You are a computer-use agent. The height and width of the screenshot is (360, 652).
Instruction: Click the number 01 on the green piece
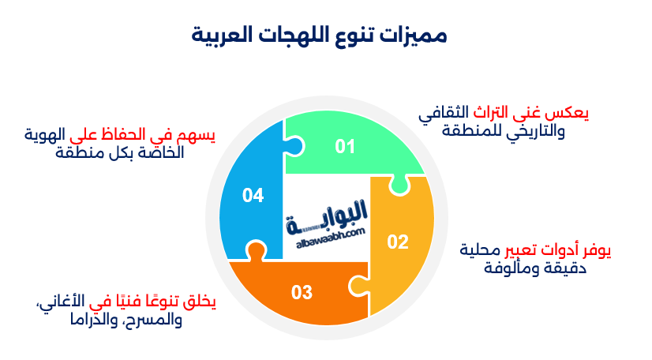point(345,146)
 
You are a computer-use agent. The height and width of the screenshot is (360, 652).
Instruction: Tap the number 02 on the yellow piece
point(397,242)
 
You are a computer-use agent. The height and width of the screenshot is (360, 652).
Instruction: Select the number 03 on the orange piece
point(302,293)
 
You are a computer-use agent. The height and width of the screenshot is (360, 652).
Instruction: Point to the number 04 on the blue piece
point(253,196)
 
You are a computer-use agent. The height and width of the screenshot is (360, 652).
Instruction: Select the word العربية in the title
point(229,35)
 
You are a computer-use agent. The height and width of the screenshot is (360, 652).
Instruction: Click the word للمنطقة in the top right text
point(452,131)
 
